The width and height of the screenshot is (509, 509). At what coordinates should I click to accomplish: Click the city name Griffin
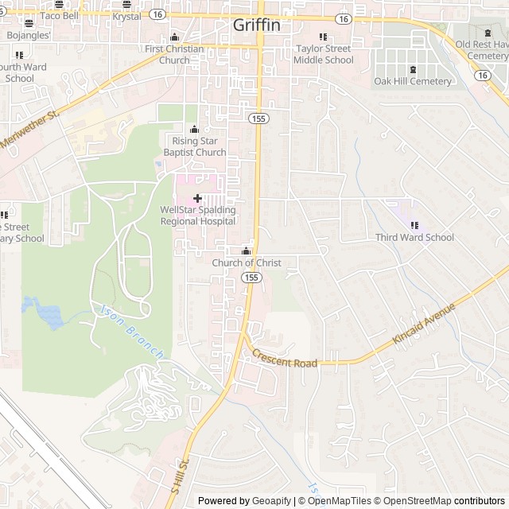tap(256, 25)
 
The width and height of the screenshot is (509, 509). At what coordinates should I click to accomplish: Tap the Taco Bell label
tap(59, 16)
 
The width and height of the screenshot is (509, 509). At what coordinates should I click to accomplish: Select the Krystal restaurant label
tap(126, 16)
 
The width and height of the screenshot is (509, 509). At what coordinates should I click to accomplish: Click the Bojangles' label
tap(28, 36)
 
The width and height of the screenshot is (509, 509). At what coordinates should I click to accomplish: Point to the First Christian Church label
tap(174, 54)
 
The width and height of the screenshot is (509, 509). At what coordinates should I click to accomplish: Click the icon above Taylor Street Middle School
tap(323, 37)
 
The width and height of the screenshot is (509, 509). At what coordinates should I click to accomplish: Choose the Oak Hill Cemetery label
tap(413, 81)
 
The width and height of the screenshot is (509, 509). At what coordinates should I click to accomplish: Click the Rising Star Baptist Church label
tap(195, 146)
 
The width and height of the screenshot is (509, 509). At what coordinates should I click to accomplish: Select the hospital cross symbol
tap(197, 196)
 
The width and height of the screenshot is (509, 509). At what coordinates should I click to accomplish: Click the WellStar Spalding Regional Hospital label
tap(198, 216)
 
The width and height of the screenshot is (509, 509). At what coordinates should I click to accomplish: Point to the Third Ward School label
tap(414, 237)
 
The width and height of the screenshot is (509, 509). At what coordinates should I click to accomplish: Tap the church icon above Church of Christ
tap(246, 251)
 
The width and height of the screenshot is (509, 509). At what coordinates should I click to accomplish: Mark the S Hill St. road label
tap(179, 474)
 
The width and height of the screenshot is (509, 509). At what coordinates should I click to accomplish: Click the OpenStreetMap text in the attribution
tap(415, 501)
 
